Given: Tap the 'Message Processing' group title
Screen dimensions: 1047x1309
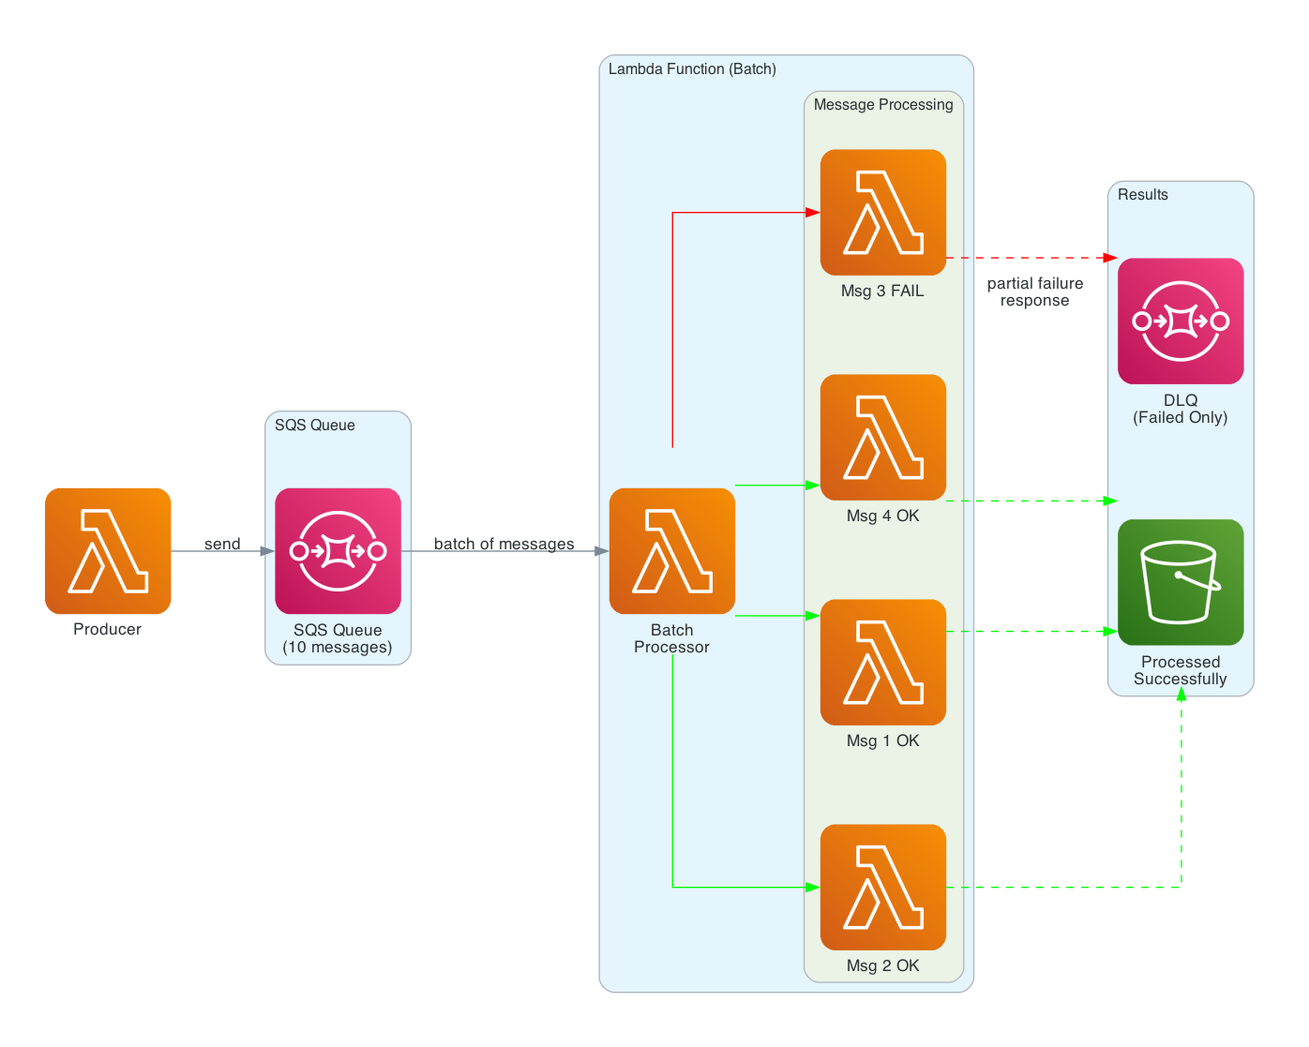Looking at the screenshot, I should [883, 105].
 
